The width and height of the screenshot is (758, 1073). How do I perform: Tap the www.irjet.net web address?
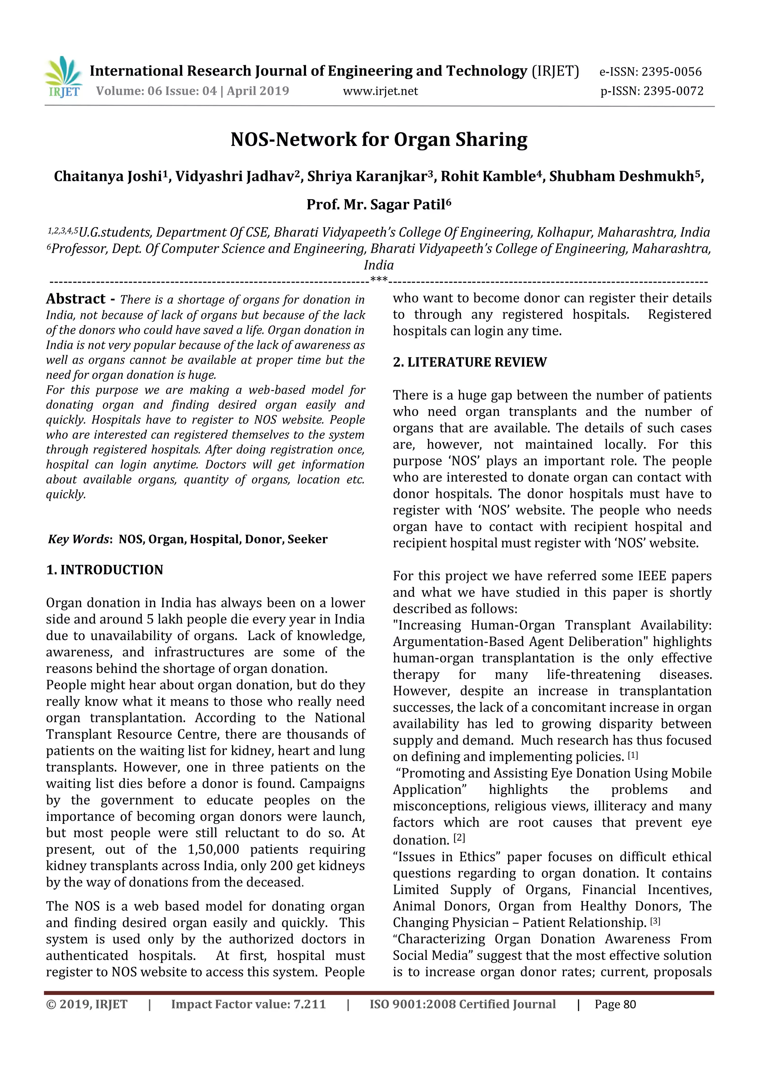pos(380,91)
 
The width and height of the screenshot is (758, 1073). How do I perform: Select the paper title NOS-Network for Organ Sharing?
pos(379,139)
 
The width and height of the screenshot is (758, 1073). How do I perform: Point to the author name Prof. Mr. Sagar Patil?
pos(378,205)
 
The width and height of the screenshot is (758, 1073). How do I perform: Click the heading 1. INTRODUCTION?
pos(105,570)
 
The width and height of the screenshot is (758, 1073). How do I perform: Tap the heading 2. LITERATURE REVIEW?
pos(469,362)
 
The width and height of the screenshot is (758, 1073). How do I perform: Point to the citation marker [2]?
pos(460,838)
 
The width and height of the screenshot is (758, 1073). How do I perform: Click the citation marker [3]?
pos(655,922)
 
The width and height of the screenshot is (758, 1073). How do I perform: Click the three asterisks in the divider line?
pos(379,280)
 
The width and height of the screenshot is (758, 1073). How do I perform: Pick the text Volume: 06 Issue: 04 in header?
pos(157,91)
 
